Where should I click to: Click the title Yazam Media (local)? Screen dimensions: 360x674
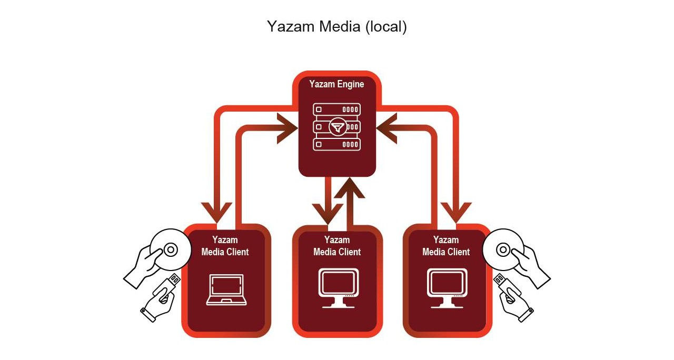tap(336, 26)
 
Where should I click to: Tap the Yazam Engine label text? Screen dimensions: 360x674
tap(336, 84)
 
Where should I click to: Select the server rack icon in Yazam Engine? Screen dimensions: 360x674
tap(336, 127)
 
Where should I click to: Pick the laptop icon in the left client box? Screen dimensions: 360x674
tap(226, 289)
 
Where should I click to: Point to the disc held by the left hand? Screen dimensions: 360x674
tap(170, 249)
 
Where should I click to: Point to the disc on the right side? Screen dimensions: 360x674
tap(503, 248)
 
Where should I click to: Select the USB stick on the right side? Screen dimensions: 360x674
tap(507, 287)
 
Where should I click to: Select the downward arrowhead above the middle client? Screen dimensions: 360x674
tap(327, 213)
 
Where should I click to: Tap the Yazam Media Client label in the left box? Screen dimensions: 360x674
tap(225, 246)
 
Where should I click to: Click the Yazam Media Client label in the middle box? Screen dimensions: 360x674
tap(337, 246)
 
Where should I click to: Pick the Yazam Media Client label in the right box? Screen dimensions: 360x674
tap(446, 246)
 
